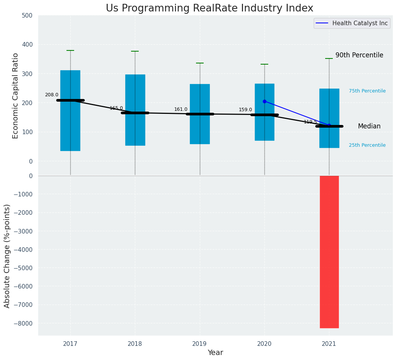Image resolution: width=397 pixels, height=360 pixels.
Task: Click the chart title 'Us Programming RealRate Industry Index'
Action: [x=209, y=8]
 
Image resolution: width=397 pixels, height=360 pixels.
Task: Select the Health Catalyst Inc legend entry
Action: [x=352, y=23]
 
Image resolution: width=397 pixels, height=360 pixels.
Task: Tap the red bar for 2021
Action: [x=329, y=251]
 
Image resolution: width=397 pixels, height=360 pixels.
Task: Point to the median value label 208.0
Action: [x=52, y=95]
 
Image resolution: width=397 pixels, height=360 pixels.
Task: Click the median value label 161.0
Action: [x=181, y=109]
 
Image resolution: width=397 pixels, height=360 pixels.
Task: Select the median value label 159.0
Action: [x=245, y=110]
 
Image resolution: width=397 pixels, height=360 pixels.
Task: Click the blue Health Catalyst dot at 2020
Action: [x=264, y=101]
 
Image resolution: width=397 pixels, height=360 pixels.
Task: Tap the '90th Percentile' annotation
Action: [x=359, y=55]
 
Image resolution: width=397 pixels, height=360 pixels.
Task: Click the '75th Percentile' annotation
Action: [x=367, y=91]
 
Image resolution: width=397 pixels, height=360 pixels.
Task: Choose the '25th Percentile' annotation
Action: [x=367, y=145]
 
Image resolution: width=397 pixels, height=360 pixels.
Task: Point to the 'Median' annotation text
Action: [x=369, y=126]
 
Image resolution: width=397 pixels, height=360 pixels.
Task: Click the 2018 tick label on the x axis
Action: [x=135, y=344]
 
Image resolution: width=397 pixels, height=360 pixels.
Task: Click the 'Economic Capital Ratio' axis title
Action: [x=16, y=96]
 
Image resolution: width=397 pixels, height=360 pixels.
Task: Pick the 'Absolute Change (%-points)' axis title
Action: [x=7, y=256]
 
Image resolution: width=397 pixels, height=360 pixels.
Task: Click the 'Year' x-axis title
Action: [x=215, y=353]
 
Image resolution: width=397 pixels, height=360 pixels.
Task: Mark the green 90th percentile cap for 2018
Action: [x=135, y=51]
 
